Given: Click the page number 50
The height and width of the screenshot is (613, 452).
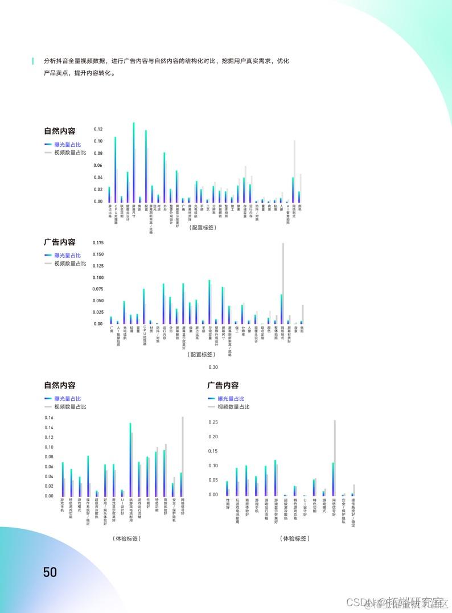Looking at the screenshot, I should point(50,572).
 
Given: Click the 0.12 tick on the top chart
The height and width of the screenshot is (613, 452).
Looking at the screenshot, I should point(98,129).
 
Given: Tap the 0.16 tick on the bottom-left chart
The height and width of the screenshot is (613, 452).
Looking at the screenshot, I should point(48,418).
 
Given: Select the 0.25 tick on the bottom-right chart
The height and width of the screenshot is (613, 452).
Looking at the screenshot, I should point(213,422).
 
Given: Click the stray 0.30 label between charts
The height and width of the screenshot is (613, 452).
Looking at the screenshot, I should point(213,367).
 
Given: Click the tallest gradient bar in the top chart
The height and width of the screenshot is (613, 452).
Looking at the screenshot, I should point(134,162).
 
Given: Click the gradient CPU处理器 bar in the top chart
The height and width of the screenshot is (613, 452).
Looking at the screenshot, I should point(116,169).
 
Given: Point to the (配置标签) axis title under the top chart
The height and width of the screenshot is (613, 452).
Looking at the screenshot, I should point(203,227).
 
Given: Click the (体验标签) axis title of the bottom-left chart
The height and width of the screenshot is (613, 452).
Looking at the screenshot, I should point(126,538).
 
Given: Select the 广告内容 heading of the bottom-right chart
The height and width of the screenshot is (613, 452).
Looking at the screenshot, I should point(223,386).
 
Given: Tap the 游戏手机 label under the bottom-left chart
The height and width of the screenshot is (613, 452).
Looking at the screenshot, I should point(62,505).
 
